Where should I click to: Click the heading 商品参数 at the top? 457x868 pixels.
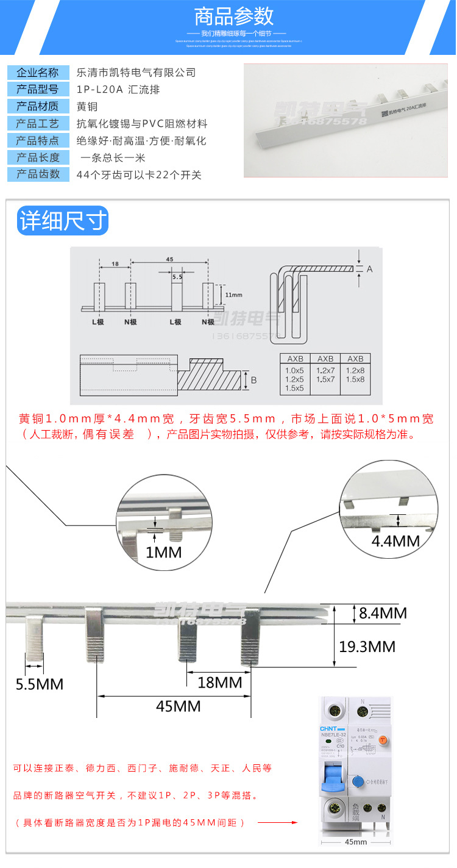(234, 16)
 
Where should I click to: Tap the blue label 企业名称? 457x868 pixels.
(38, 73)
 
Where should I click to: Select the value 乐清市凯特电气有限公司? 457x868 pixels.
(136, 73)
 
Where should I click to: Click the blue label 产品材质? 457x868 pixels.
(38, 106)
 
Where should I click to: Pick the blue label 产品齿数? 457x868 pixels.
(38, 174)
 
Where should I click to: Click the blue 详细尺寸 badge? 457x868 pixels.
(63, 221)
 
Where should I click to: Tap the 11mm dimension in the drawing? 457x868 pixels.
(233, 295)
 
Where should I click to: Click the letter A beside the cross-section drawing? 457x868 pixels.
(369, 269)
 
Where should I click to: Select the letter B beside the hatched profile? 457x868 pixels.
(253, 380)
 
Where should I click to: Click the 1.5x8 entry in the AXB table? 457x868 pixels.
(355, 379)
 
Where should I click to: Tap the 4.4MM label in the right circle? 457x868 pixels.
(395, 540)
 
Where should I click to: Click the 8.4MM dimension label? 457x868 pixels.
(382, 613)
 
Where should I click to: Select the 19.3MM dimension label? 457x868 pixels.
(367, 647)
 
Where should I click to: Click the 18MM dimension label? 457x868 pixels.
(220, 682)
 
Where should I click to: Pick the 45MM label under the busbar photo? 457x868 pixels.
(178, 706)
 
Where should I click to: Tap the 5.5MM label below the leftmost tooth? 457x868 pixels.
(40, 684)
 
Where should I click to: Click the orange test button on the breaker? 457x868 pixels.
(383, 740)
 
